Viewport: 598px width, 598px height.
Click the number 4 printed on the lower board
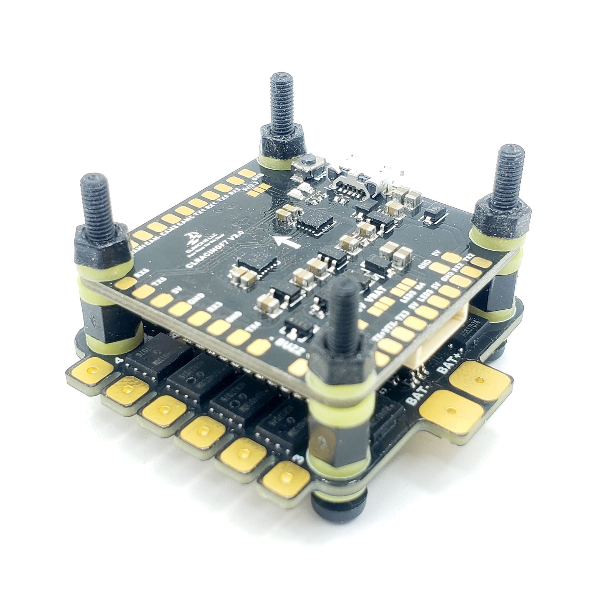118,360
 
